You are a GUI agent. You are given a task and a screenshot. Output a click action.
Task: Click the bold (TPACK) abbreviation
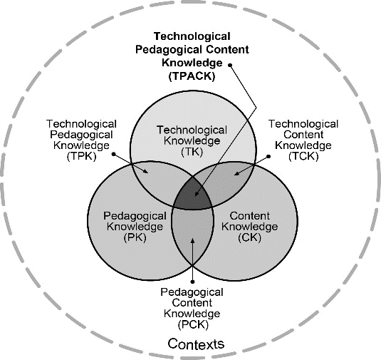coord(192,76)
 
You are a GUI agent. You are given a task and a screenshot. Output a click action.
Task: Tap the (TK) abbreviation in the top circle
coord(192,152)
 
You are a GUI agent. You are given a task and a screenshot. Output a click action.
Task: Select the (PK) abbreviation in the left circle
coord(135,237)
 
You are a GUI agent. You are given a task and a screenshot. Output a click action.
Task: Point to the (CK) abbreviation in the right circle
coord(249,237)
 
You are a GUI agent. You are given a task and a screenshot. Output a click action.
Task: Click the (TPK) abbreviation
coord(82,156)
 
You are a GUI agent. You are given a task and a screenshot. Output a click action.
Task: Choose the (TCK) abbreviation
coord(303,156)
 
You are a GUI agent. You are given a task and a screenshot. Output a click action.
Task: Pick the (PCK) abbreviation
coord(193,325)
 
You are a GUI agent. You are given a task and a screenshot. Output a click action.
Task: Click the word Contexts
coord(196,344)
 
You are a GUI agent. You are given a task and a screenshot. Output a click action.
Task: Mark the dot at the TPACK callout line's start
coord(230,65)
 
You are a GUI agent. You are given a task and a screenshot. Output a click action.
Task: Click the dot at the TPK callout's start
coord(114,154)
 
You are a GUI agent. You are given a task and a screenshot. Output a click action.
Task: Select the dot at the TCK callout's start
coord(268,157)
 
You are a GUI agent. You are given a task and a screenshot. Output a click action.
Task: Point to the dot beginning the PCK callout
coord(192,282)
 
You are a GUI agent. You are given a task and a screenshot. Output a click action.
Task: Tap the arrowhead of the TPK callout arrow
coord(145,171)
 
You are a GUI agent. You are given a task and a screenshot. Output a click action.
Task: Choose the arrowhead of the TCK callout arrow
coord(236,173)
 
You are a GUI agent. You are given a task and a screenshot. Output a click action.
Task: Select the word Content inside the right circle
coord(249,216)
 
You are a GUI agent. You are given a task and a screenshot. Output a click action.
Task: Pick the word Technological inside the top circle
coord(192,130)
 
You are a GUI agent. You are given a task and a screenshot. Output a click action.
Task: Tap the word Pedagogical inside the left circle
coord(135,216)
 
